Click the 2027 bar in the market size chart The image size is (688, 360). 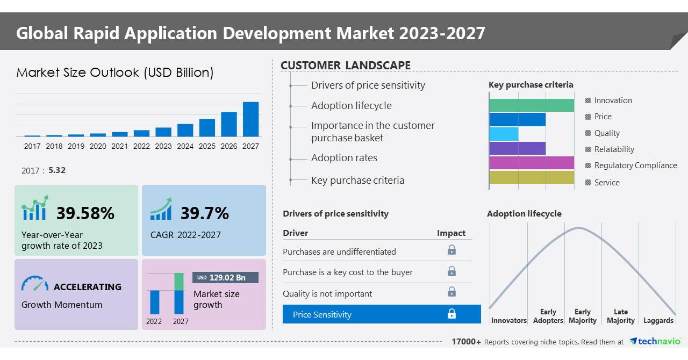pos(250,119)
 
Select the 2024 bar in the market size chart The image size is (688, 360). pos(185,130)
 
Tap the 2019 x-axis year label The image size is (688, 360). pos(76,146)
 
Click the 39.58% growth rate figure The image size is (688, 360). pos(85,213)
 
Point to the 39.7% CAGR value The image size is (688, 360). pos(204,213)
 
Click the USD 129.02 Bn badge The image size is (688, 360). pos(225,277)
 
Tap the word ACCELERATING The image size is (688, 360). pos(88,287)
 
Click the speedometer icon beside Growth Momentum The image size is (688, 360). pos(35,284)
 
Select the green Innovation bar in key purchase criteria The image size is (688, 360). pos(532,105)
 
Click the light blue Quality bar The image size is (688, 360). pos(504,134)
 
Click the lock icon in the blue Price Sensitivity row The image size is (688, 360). pos(451,314)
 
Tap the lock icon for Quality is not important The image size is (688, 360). pos(451,292)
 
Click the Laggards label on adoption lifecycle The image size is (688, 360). pos(658,320)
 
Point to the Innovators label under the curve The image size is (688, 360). pos(508,320)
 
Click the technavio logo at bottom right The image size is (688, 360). pos(655,341)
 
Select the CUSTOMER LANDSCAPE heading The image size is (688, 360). pos(346,66)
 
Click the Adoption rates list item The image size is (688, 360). pos(344,158)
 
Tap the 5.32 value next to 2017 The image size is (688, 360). pos(57,170)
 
